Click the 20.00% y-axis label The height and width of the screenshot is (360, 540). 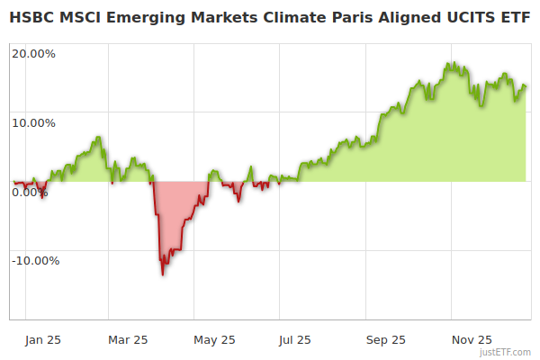click(33, 53)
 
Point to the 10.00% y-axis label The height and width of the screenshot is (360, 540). click(33, 122)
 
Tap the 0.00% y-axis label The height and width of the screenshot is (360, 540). click(30, 192)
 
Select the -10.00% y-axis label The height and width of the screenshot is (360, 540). click(35, 261)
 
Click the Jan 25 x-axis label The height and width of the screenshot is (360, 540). click(43, 339)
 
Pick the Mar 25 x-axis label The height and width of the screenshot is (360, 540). click(128, 339)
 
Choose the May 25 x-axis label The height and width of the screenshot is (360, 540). click(215, 339)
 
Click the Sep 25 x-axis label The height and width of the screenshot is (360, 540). click(385, 339)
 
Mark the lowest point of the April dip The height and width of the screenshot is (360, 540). click(162, 274)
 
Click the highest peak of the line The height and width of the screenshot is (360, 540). click(449, 63)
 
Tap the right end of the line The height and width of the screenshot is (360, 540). click(526, 86)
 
